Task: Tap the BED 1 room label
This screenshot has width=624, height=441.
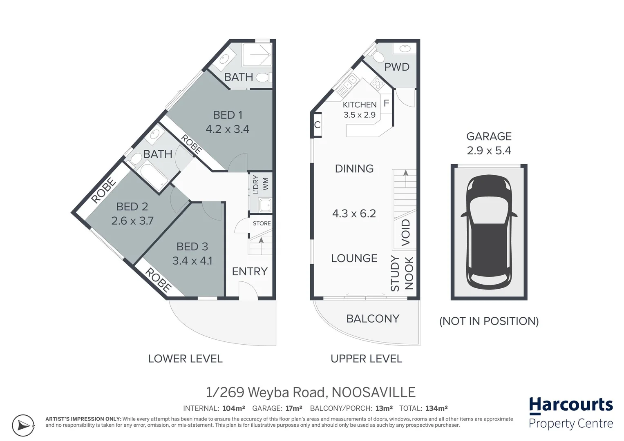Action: coord(224,115)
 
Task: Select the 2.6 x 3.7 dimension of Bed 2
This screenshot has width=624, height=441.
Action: coord(132,221)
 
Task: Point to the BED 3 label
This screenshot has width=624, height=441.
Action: coord(192,247)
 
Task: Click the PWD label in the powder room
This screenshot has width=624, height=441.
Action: coord(396,67)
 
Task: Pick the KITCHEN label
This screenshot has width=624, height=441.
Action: coord(360,105)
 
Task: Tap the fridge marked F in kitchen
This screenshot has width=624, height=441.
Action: coord(386,104)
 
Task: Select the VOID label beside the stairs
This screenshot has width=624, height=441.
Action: coord(405,232)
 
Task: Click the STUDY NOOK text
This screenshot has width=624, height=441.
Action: coord(402,274)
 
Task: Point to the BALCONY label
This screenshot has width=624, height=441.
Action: coord(373,318)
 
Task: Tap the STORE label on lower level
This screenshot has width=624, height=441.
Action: coord(262,223)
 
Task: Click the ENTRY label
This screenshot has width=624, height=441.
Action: coord(250,272)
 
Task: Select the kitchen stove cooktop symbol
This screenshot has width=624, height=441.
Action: coord(377,84)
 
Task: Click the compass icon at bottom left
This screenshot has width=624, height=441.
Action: coord(23,425)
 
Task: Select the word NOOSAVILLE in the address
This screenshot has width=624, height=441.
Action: coord(374,392)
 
